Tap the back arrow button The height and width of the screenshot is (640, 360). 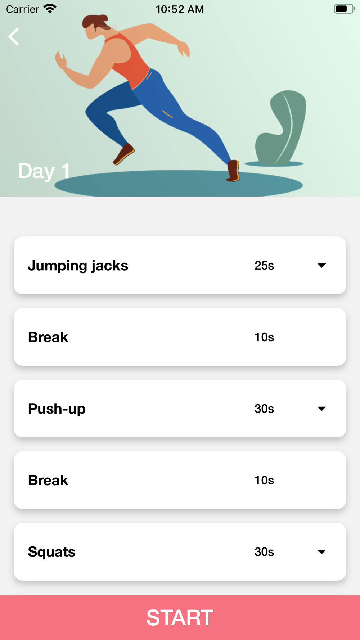coord(14,36)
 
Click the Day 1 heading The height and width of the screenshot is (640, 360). coord(44,171)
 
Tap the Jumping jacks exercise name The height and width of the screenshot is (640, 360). coord(78,266)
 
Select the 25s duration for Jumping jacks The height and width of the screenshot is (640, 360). coord(264,266)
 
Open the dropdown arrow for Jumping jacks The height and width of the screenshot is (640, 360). coord(322,266)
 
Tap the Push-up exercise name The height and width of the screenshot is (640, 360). coord(57,409)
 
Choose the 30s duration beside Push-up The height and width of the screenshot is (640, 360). coord(264,409)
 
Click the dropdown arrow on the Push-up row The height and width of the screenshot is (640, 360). coord(322,409)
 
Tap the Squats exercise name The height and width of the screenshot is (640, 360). coord(52,552)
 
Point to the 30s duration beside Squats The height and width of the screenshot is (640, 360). coord(264,552)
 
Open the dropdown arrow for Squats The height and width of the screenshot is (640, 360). coord(322,552)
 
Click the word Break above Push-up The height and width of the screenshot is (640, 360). coord(48,337)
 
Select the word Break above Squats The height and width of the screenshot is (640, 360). coord(48,481)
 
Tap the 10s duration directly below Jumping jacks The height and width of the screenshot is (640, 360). coord(264,337)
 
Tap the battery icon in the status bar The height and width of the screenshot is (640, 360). coord(344,9)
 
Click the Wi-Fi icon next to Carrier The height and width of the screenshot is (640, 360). coord(50,9)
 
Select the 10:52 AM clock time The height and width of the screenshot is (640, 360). coord(180,9)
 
